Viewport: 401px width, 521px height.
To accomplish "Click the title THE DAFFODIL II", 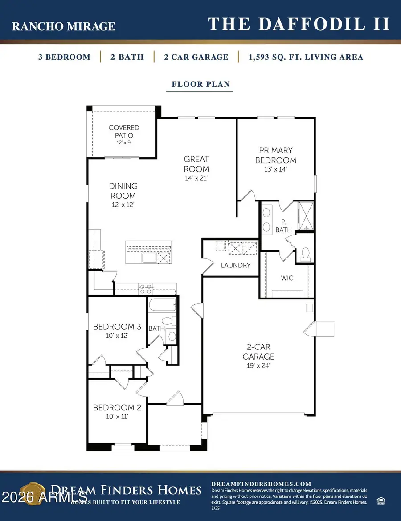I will (299, 24).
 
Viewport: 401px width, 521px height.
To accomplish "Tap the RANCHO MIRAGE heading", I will (63, 26).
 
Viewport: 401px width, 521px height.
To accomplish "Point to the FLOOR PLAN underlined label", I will (200, 84).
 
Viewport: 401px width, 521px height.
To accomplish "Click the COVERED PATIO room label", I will (124, 131).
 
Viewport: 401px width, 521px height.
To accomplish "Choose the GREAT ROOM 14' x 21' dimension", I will (196, 177).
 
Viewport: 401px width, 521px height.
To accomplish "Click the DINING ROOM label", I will (123, 191).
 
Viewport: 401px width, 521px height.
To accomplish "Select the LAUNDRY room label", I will (236, 265).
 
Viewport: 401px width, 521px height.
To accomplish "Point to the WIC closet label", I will (287, 278).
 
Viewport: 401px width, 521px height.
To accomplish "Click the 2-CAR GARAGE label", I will (258, 352).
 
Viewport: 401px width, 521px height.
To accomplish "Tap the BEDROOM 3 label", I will (117, 327).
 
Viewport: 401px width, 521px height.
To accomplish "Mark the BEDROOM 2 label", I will (114, 407).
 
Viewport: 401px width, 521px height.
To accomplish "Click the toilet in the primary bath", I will (306, 254).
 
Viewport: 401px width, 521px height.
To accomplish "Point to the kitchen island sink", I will (149, 258).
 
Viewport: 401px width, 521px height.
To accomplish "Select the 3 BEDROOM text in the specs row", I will (64, 57).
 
